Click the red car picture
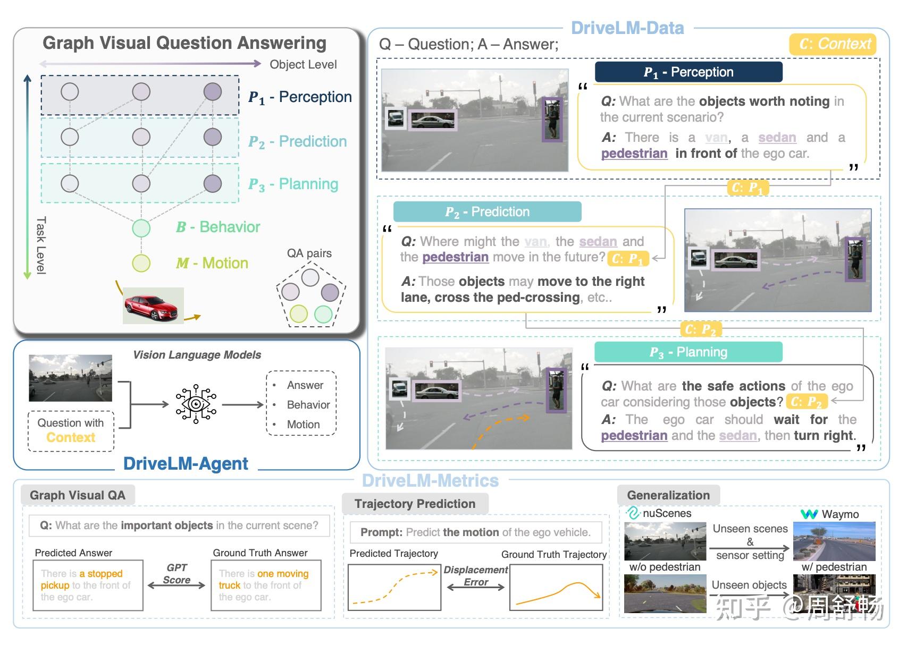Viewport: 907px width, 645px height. click(153, 305)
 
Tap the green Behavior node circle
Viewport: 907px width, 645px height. click(141, 228)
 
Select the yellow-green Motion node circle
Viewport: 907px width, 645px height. click(141, 263)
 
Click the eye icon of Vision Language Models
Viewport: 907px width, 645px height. click(196, 404)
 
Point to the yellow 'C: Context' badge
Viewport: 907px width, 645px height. click(833, 44)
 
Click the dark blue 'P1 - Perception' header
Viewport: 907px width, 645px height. click(688, 72)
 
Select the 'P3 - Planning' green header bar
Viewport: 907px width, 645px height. click(688, 352)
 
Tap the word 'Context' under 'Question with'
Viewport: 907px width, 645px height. click(71, 437)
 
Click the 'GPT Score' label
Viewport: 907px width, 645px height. click(177, 574)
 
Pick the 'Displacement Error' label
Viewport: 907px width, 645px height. click(476, 576)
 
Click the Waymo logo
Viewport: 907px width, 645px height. click(809, 514)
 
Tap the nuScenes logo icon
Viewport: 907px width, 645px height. click(633, 513)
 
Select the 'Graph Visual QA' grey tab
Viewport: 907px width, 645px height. click(78, 495)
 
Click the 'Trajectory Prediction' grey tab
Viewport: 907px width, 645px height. click(415, 503)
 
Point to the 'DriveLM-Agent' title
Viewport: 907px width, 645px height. click(186, 464)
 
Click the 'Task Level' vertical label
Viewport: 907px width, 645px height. click(41, 245)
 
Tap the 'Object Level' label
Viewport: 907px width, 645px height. click(303, 64)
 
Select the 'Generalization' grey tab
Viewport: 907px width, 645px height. click(668, 495)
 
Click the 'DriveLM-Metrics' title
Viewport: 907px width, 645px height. click(431, 480)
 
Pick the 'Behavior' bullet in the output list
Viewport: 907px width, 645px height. click(308, 405)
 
